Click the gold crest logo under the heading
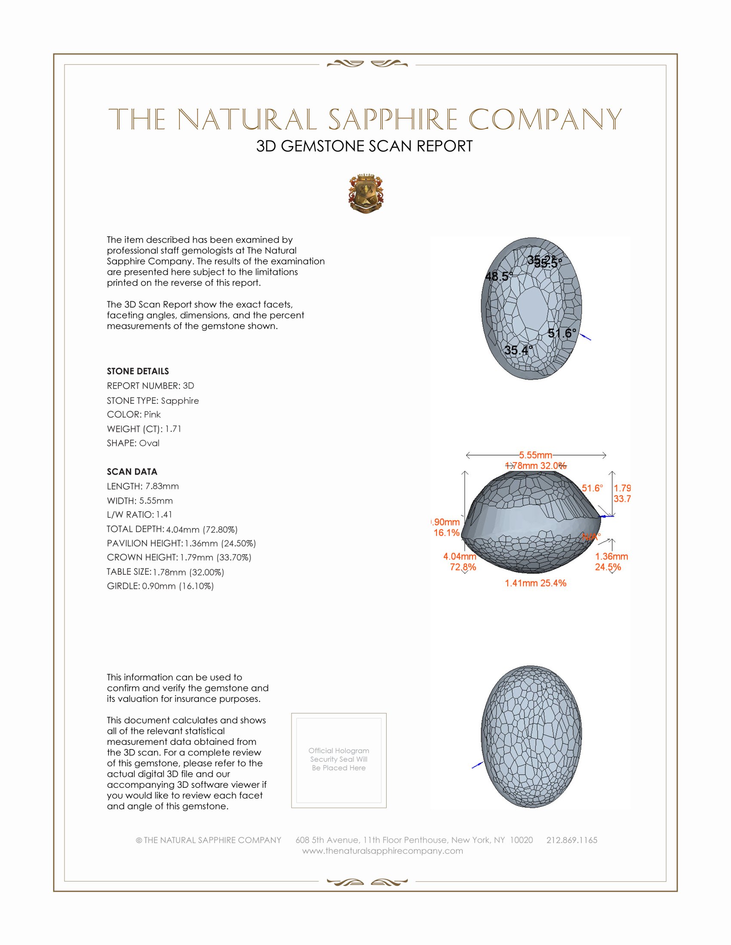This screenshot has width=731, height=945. pos(366,194)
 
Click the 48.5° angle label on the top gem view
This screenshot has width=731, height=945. pos(499,276)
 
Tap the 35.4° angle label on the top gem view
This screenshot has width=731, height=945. pos(519,350)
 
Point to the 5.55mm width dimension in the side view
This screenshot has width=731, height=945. pos(536,455)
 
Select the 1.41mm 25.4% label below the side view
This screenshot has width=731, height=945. pos(535,583)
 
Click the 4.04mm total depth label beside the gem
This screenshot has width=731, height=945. pos(460,556)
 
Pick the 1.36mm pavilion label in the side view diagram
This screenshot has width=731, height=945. pos(611,556)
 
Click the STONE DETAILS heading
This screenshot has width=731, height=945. pos(138,371)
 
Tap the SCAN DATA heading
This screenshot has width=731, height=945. pos(132,472)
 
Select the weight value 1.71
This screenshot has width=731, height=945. pos(173,429)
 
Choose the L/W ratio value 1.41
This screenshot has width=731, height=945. pos(164,515)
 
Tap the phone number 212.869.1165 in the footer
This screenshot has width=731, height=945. pos(571,840)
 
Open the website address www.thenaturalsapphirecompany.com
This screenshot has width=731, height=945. pos(382,850)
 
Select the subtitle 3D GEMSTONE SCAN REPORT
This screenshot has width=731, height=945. pos(364,146)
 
